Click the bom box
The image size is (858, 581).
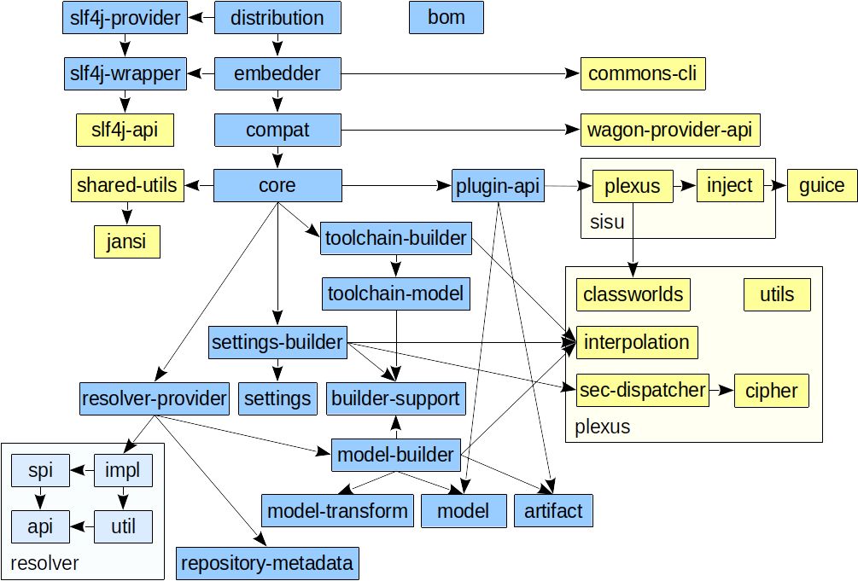tap(447, 18)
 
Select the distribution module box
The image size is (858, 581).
tap(277, 18)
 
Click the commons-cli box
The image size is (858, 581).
tap(643, 74)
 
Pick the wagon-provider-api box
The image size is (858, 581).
tap(670, 131)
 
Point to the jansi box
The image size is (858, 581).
tap(126, 241)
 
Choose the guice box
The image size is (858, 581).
tap(822, 186)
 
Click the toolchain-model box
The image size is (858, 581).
tap(396, 294)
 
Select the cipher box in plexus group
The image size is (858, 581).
tap(771, 391)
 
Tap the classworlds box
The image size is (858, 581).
tap(633, 295)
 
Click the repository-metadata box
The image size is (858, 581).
tap(268, 563)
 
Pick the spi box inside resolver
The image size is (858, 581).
tap(40, 470)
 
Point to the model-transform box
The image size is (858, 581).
tap(338, 511)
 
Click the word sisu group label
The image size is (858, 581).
tap(607, 223)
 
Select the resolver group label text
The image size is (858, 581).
tap(44, 563)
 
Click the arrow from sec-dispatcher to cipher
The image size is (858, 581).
tap(722, 391)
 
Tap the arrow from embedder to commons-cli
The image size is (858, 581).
tap(461, 74)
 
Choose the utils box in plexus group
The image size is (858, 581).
tap(777, 295)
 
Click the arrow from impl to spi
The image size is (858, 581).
tap(83, 470)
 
